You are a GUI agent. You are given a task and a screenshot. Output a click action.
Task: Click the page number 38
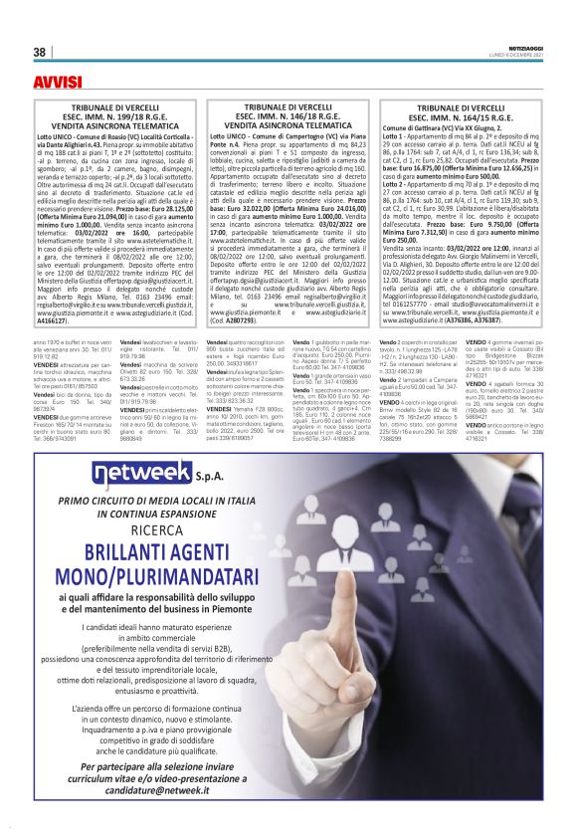[40, 52]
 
